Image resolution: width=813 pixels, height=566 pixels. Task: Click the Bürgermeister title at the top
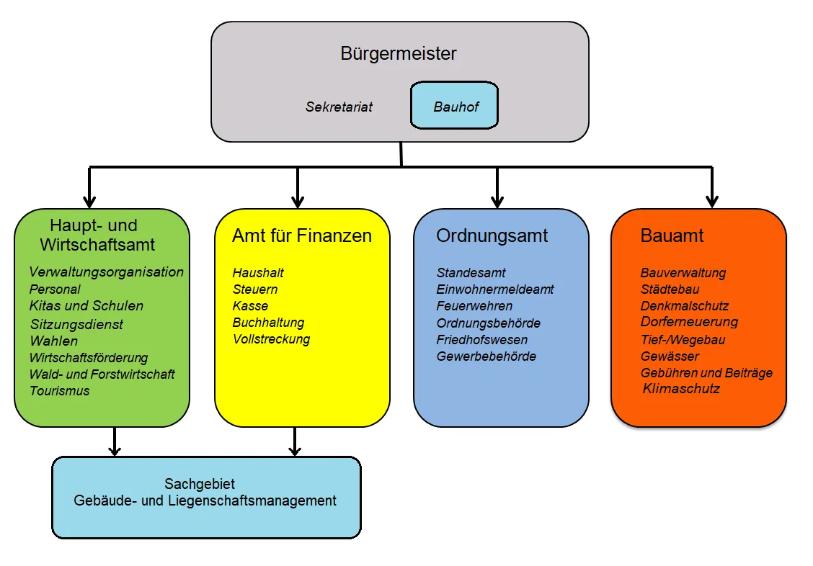click(399, 54)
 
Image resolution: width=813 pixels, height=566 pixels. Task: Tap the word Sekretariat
click(339, 107)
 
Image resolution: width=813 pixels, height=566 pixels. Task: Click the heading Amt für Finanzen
click(302, 235)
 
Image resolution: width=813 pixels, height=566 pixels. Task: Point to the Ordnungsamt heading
click(492, 235)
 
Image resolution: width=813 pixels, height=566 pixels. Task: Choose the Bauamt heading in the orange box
click(672, 235)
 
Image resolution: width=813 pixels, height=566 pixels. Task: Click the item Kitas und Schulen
click(86, 306)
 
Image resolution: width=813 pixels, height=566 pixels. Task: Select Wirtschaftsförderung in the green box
click(89, 357)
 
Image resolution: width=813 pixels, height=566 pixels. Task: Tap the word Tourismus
click(60, 391)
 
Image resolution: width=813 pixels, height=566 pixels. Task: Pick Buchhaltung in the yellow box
click(268, 323)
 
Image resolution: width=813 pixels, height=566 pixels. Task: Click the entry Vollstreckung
click(271, 339)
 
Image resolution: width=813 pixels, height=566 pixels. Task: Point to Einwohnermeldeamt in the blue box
click(495, 289)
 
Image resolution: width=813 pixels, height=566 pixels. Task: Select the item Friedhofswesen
click(481, 340)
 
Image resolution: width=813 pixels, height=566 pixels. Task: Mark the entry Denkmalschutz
click(685, 306)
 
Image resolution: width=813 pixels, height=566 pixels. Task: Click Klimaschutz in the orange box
click(681, 389)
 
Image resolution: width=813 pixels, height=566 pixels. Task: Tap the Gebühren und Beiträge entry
click(706, 373)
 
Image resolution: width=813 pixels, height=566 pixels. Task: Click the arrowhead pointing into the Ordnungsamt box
click(497, 201)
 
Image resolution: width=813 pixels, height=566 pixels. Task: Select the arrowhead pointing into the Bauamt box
click(712, 201)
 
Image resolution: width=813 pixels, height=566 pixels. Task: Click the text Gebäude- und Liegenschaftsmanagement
click(205, 500)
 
